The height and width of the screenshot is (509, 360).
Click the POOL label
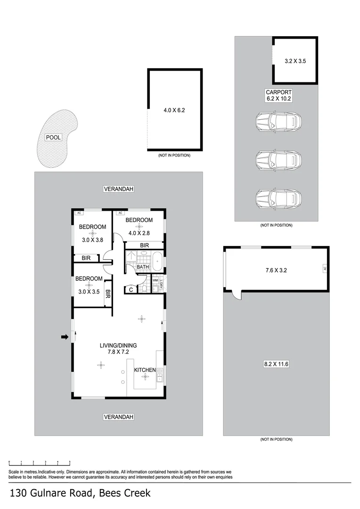click(53, 138)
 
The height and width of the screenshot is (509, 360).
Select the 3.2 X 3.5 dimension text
click(295, 61)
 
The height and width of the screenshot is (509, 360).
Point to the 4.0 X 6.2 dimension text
click(175, 111)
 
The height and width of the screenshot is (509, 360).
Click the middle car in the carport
click(278, 160)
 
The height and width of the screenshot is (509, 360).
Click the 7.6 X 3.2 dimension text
click(276, 271)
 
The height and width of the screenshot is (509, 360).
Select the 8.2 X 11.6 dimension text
click(276, 364)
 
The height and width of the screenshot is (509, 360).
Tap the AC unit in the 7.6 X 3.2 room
click(325, 269)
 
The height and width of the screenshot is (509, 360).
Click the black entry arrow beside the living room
click(65, 337)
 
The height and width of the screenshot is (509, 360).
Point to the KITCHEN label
click(145, 370)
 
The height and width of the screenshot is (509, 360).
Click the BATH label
click(143, 267)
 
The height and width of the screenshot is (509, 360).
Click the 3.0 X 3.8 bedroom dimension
click(92, 239)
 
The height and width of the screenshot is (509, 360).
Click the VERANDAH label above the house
click(118, 189)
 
